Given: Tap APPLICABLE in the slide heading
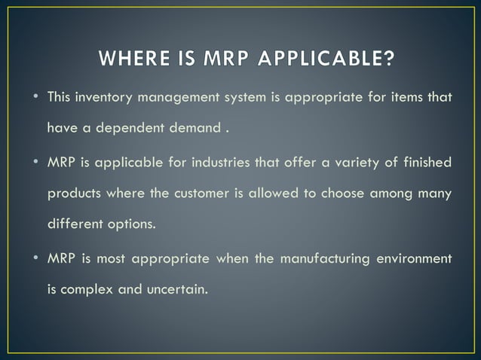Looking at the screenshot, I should [327, 59].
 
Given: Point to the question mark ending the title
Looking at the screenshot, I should [388, 59].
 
